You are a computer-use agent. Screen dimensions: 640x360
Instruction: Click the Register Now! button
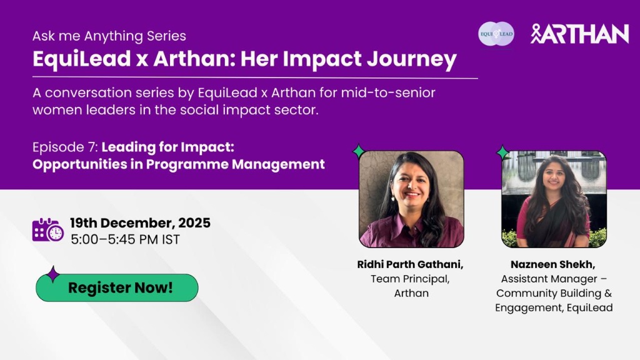(117, 287)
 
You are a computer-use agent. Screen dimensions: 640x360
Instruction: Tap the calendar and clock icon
(47, 230)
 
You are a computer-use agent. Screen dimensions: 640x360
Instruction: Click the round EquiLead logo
(496, 34)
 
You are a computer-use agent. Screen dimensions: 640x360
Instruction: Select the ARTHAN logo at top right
(579, 34)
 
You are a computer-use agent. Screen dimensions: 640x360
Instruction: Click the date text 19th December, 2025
(140, 223)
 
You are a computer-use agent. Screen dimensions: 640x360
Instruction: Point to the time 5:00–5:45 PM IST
(125, 239)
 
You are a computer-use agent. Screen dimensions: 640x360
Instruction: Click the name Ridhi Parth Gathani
(410, 264)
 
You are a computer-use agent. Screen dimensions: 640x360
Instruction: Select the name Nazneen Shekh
(553, 264)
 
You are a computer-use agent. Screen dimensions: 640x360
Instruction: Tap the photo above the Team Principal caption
(411, 199)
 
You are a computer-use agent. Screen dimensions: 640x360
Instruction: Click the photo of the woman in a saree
(554, 199)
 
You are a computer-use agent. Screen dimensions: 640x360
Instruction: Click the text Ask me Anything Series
(109, 36)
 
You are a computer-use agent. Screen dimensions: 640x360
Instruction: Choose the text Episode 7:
(65, 147)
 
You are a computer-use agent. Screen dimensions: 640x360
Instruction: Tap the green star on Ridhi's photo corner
(359, 151)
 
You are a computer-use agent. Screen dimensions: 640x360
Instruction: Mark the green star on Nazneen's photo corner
(503, 153)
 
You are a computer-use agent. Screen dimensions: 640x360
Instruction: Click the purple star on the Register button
(52, 274)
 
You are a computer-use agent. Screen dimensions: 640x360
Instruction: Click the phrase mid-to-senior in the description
(388, 93)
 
